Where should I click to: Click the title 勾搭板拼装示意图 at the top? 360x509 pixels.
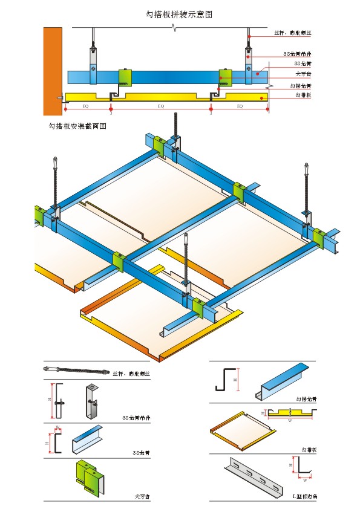click(x=180, y=13)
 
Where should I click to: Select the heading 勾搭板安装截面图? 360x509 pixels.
click(x=77, y=127)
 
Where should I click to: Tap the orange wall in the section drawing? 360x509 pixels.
click(x=52, y=70)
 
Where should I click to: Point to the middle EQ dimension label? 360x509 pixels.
click(x=160, y=106)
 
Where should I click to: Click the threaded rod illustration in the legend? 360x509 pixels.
click(x=76, y=369)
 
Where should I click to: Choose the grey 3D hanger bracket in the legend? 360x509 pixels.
click(x=92, y=401)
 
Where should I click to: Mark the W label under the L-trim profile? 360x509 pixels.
click(x=304, y=481)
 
